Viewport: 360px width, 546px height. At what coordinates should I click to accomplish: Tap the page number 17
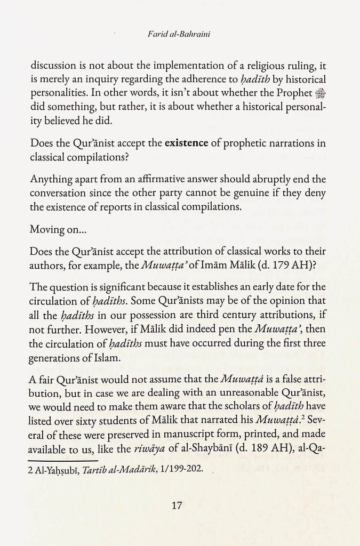point(179,505)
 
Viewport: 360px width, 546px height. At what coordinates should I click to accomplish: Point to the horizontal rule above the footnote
point(65,460)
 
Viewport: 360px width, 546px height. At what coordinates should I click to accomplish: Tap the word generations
point(58,349)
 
